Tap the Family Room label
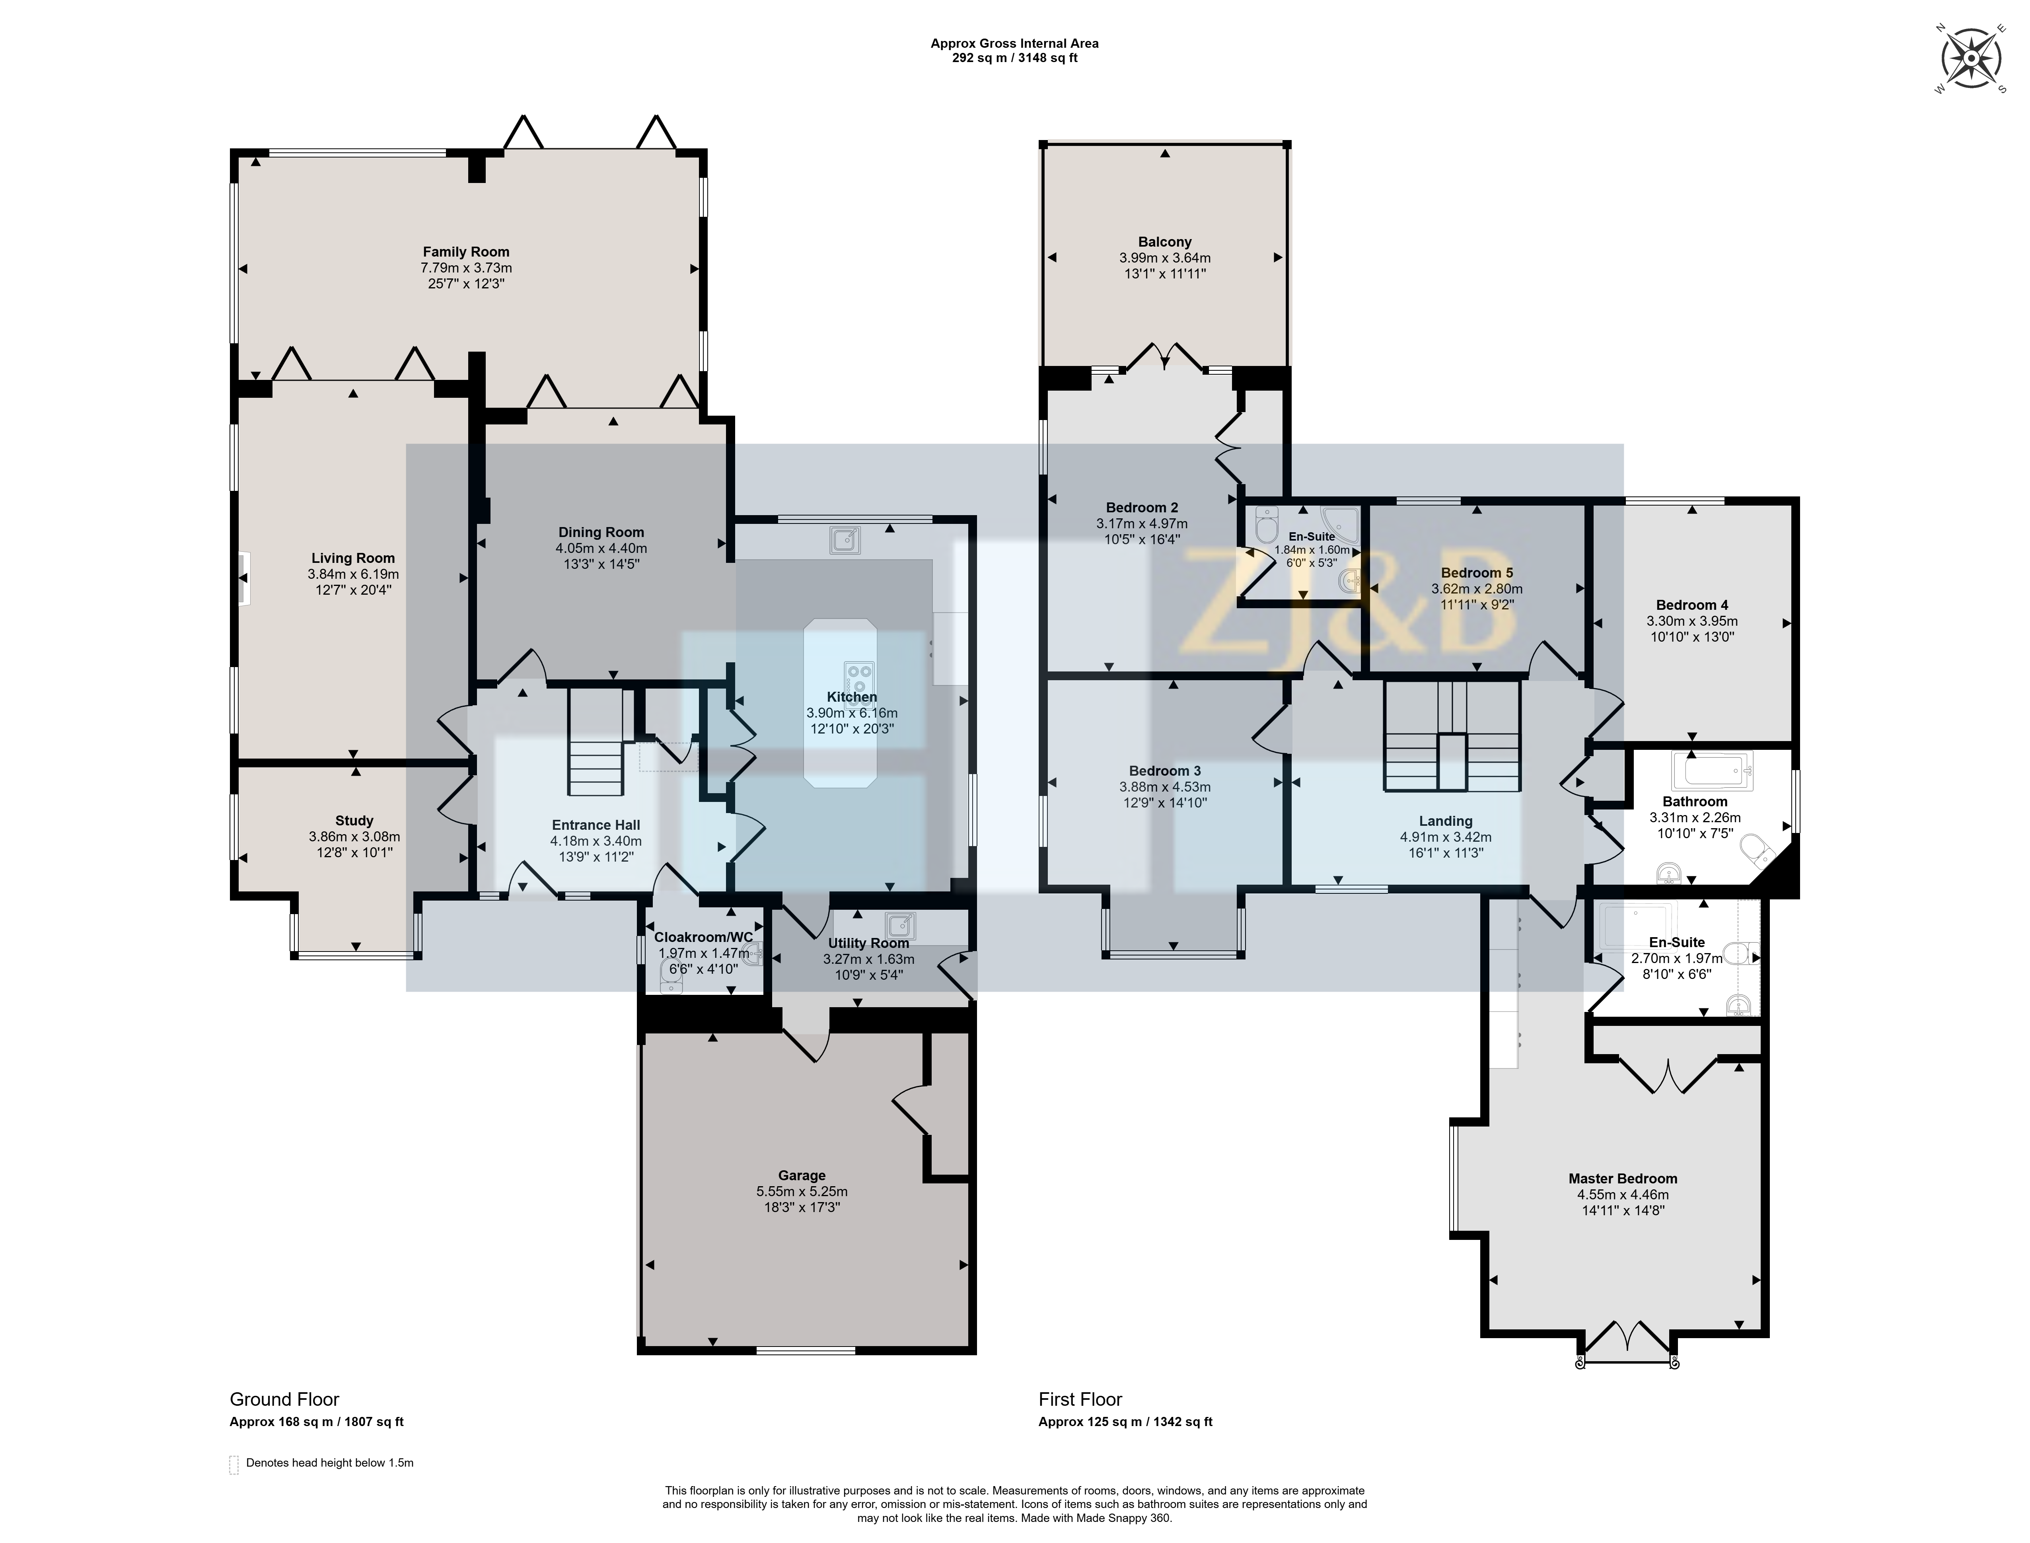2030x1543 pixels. click(x=466, y=252)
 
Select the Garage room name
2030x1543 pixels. click(x=802, y=1175)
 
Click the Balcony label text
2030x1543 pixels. click(x=1165, y=243)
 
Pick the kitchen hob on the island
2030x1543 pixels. click(x=859, y=678)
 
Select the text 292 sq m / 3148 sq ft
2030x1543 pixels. click(x=1014, y=58)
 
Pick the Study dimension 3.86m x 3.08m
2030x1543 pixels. click(x=354, y=837)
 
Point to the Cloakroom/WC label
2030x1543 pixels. click(x=704, y=937)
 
